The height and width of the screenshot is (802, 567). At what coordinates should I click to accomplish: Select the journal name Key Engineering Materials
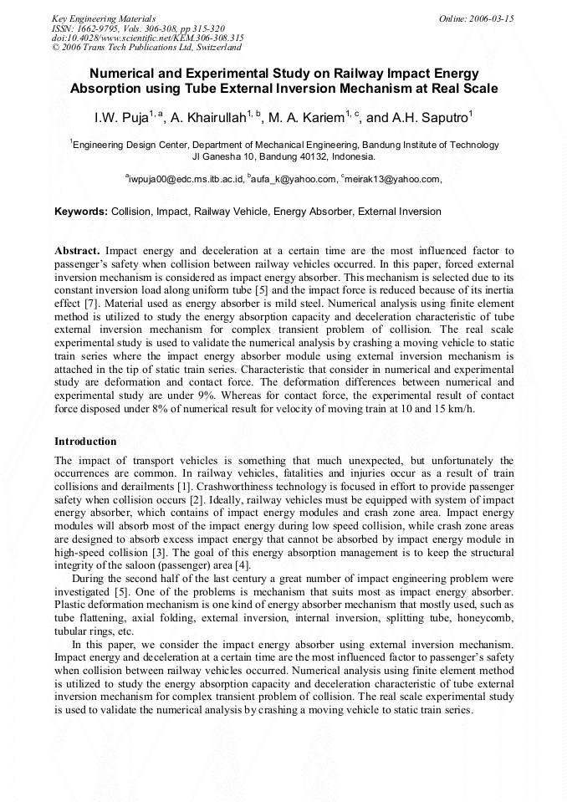104,18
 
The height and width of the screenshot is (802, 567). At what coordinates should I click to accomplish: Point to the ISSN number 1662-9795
102,28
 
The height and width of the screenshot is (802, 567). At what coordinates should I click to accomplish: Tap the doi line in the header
147,38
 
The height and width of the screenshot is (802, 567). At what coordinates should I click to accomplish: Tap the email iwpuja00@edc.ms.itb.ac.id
186,179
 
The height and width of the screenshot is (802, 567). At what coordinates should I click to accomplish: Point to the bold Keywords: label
81,212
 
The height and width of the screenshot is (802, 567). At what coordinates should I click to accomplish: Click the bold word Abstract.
77,251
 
